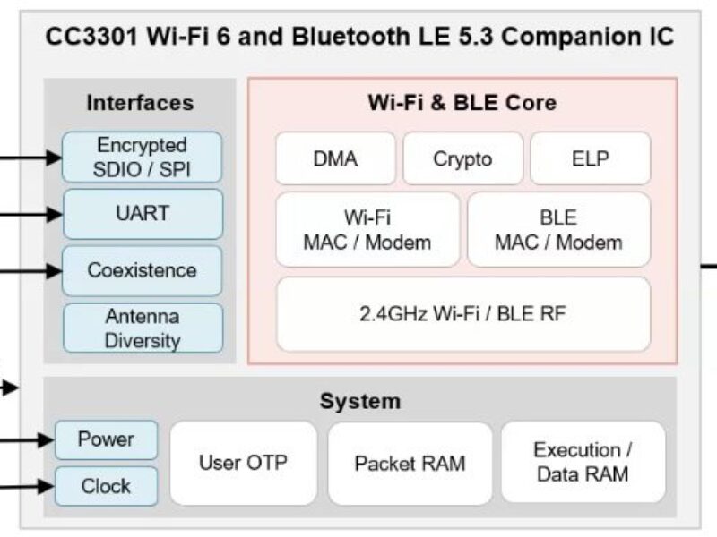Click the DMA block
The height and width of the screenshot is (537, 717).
[334, 159]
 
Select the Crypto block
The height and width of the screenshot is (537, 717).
[462, 159]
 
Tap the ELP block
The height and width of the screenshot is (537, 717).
[590, 159]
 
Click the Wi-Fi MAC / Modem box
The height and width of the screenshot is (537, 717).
[367, 230]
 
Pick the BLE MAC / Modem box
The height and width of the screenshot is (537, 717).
[558, 230]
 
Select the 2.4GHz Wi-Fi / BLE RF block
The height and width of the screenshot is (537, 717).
[462, 314]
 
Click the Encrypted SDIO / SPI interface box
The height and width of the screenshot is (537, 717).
[142, 158]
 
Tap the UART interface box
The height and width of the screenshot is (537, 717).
[142, 214]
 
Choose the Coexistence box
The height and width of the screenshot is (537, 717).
[142, 270]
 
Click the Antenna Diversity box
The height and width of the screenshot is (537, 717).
[142, 328]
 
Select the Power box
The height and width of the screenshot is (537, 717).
[106, 439]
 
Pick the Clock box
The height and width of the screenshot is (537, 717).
[106, 487]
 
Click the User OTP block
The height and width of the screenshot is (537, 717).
[243, 463]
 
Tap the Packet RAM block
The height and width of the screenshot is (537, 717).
[410, 463]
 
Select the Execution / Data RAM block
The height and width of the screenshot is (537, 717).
[583, 463]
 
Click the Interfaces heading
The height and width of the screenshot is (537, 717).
[140, 102]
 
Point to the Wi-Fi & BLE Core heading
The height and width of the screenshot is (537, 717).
[462, 102]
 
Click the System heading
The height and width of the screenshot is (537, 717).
[359, 401]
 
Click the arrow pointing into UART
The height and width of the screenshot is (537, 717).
[36, 214]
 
